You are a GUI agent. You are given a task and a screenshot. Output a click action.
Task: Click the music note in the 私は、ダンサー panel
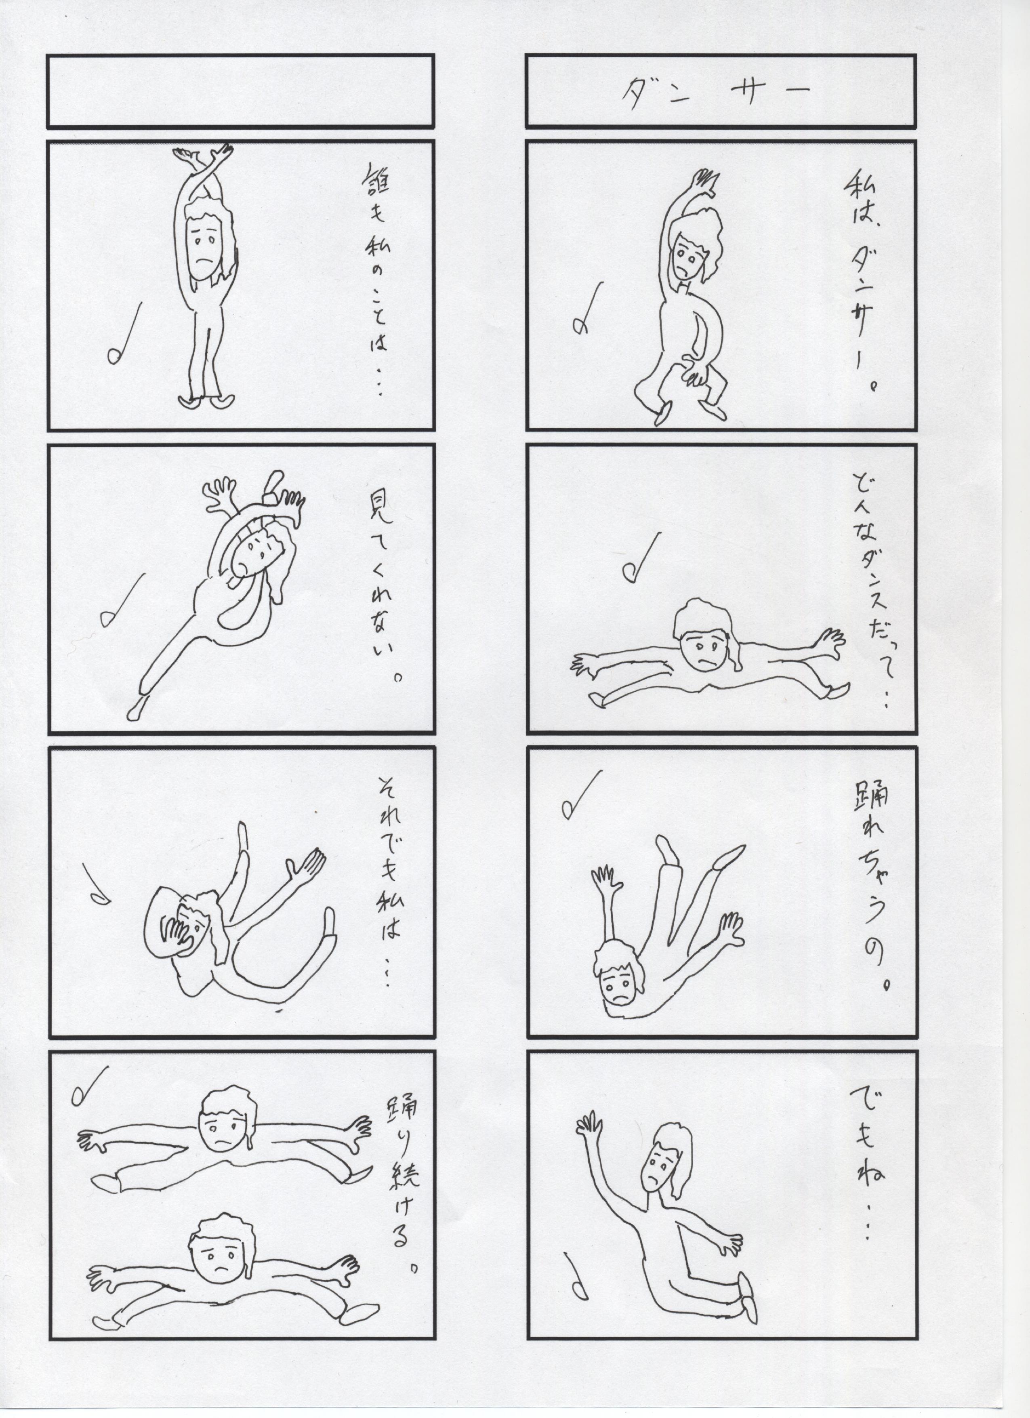pyautogui.click(x=587, y=309)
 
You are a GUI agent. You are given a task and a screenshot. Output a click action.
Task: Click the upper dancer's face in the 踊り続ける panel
pyautogui.click(x=224, y=1120)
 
